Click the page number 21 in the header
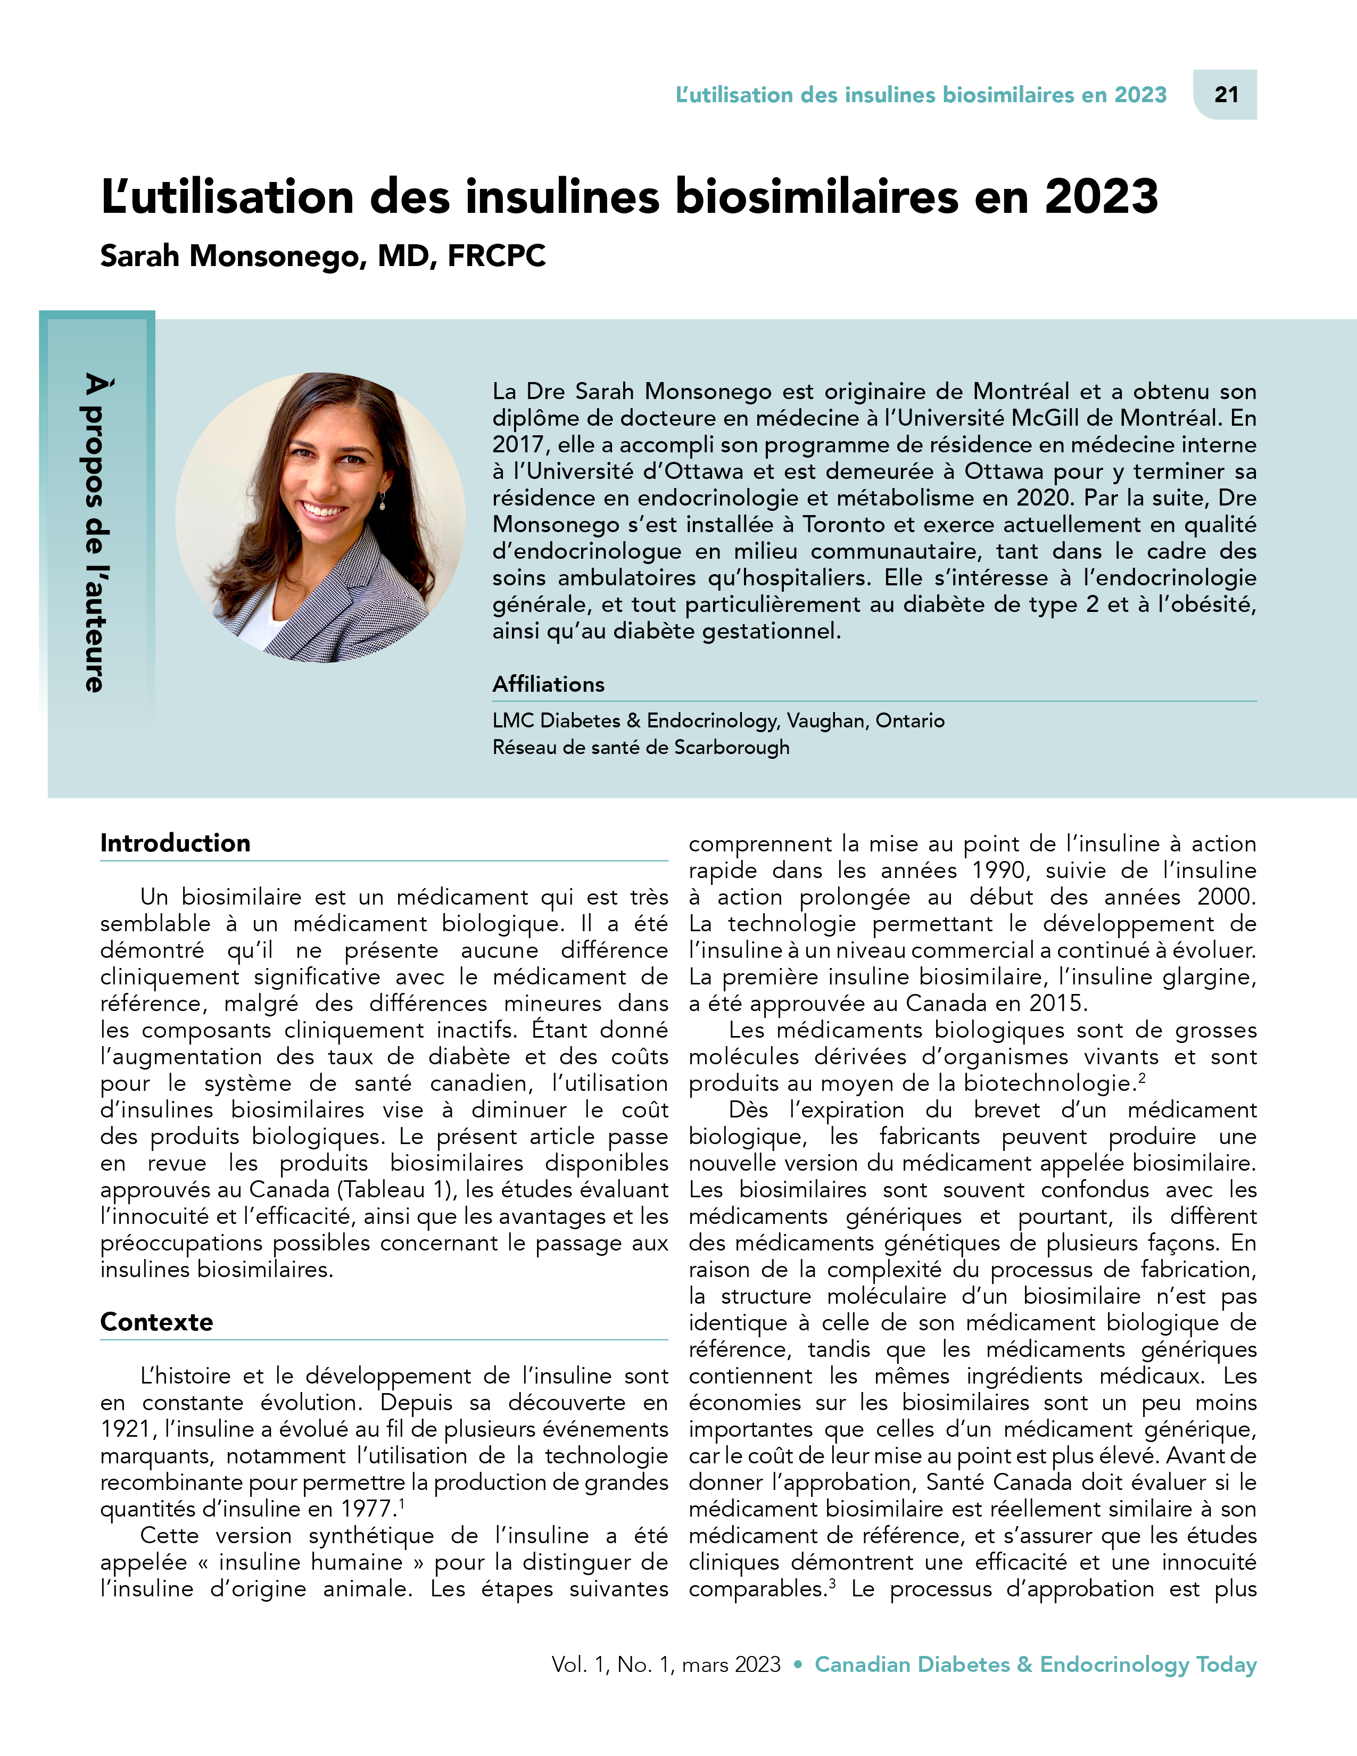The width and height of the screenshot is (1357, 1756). point(1226,95)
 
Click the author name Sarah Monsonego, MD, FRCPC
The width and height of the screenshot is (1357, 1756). point(322,255)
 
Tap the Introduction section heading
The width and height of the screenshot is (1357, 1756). point(175,843)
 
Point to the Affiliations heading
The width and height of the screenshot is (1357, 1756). point(548,684)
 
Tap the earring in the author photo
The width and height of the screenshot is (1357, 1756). point(382,502)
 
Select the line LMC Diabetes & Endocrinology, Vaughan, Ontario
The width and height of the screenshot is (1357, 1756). point(718,720)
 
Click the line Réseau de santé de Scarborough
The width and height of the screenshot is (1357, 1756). point(641,747)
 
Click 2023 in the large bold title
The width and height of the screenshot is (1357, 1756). point(1102,196)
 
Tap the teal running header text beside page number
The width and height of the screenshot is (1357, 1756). point(921,95)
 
